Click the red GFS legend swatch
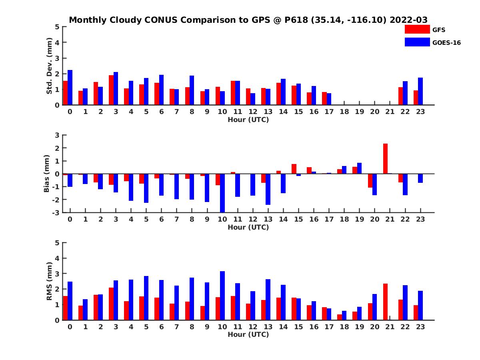417,30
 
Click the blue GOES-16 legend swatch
417,42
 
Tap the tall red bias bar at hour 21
385,158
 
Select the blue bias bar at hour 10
222,193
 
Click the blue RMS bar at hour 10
222,296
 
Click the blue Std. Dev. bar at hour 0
70,87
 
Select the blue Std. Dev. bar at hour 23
420,91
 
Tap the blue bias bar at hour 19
359,168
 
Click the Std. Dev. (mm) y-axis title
49,66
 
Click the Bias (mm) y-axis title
46,174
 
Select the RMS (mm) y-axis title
49,281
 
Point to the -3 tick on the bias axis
57,212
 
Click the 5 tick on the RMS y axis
58,243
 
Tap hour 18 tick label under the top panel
344,112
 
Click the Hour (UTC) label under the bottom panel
248,334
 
